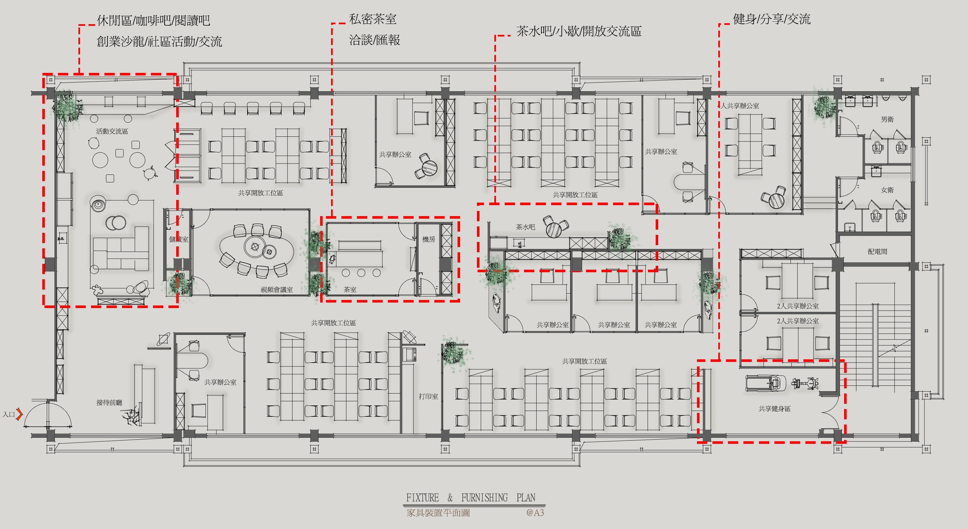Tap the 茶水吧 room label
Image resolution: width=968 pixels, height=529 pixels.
(x=525, y=227)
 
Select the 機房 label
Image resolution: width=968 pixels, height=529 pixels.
(x=429, y=239)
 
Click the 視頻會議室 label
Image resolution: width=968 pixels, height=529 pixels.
(x=277, y=289)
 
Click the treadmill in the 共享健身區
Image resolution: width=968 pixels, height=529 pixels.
(x=765, y=383)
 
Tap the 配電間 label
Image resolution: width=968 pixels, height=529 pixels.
(x=877, y=251)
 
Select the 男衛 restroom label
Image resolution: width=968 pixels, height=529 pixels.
(x=887, y=119)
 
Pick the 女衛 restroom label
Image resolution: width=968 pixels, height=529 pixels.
(x=887, y=190)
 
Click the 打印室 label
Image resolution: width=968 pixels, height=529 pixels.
(x=429, y=396)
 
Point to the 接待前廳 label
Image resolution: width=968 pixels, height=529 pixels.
(x=109, y=402)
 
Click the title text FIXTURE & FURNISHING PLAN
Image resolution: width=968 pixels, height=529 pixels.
(x=470, y=497)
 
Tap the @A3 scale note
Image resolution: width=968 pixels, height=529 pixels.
(x=535, y=513)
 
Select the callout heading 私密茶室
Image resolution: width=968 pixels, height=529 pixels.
(x=372, y=19)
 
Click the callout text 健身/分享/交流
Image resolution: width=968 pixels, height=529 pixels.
(x=771, y=19)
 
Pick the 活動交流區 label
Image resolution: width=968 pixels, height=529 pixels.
(x=112, y=131)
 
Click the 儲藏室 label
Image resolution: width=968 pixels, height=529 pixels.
(x=178, y=239)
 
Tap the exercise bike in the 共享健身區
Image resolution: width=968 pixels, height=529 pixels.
(x=805, y=383)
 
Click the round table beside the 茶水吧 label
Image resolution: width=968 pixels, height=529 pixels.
(x=553, y=230)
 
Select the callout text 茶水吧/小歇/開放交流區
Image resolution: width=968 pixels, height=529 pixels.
(x=579, y=31)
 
